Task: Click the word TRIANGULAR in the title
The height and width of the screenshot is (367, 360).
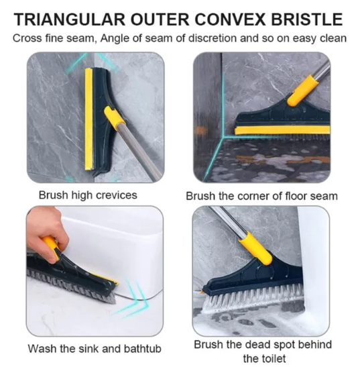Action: point(70,19)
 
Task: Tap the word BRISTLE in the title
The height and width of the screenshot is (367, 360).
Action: point(306,19)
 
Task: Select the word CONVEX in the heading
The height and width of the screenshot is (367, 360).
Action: point(230,19)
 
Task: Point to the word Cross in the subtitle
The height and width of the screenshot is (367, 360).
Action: point(26,38)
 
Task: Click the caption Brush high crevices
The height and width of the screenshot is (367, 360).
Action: point(88,195)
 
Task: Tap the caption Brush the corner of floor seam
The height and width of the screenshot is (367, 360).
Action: point(261,196)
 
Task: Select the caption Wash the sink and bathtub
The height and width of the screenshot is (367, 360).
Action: point(95,348)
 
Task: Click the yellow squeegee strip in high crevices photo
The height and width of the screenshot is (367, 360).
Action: point(88,119)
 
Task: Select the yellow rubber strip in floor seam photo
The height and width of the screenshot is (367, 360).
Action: point(282,130)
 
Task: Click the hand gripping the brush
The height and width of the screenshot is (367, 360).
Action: point(47,230)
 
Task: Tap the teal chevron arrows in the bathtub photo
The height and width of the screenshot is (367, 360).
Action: point(134,298)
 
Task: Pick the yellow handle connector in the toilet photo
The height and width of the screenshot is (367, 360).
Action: point(255,248)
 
